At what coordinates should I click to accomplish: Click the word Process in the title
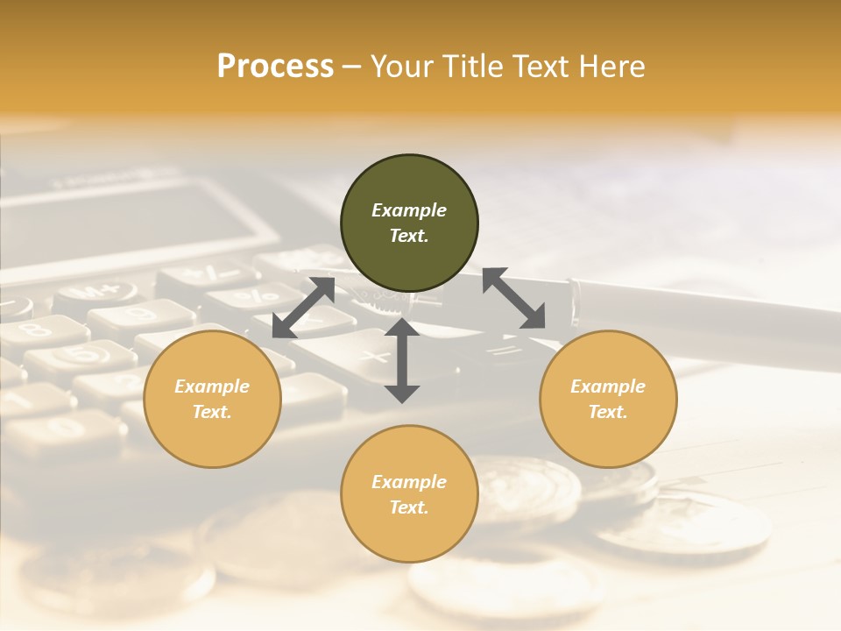tap(275, 67)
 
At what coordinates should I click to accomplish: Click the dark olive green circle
tap(409, 223)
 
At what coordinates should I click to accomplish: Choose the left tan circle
tap(212, 399)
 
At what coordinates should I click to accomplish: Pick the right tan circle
tap(608, 399)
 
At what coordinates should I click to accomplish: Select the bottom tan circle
tap(409, 493)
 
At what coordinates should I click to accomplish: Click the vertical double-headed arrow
tap(402, 360)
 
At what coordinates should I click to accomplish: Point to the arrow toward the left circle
tap(303, 308)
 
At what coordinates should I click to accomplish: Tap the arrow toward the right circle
tap(513, 299)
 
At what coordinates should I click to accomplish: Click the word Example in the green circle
tap(409, 210)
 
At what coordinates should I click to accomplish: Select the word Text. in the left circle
tap(212, 412)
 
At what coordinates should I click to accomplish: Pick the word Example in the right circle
tap(608, 386)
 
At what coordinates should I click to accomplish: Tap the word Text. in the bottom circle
tap(409, 507)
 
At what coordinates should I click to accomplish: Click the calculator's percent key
tap(256, 295)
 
